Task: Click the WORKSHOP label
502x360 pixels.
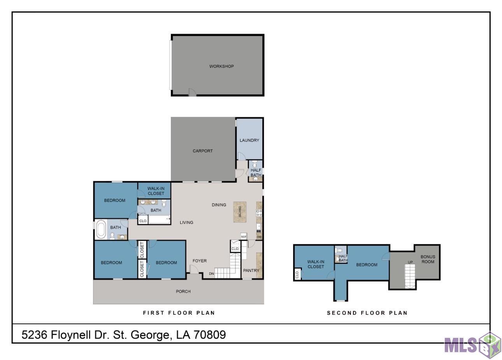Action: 221,66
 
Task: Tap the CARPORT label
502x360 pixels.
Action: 203,151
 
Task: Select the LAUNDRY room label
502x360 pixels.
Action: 249,140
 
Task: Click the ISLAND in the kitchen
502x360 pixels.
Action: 240,212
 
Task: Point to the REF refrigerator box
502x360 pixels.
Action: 244,237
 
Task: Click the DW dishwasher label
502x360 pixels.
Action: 259,237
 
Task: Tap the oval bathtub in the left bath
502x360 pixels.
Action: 101,229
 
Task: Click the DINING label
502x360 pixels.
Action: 219,205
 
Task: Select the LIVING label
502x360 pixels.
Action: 186,222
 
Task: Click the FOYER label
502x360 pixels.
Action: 200,261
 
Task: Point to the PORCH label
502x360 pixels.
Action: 183,292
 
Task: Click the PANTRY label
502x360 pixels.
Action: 251,270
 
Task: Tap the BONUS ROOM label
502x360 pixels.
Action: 428,259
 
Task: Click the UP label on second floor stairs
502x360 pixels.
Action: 410,262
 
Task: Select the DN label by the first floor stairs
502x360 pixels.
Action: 212,274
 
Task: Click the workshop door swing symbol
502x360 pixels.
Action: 192,92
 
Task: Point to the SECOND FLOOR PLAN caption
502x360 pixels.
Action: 367,313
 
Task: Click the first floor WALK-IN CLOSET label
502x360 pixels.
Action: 156,191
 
